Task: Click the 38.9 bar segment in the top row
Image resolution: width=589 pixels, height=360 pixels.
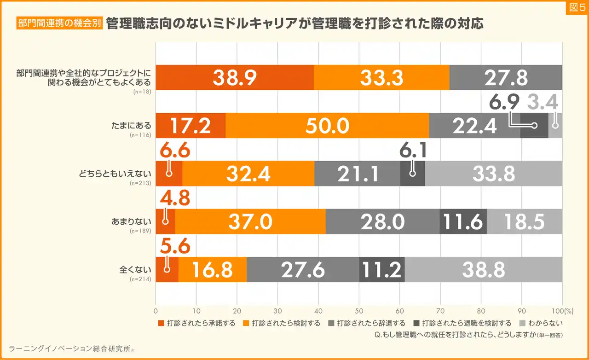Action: (235, 78)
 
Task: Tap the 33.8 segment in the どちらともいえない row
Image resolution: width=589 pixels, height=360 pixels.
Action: (493, 174)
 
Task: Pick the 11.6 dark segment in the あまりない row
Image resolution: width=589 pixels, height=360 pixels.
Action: (463, 221)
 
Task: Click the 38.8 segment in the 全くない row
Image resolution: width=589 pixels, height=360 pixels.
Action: (484, 269)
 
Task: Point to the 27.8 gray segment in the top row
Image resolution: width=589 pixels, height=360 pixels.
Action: (505, 78)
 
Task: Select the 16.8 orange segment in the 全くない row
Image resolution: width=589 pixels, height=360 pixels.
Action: (212, 269)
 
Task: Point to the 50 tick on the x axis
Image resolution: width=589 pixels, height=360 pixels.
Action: (359, 310)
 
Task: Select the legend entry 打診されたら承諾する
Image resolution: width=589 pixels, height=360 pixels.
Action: (196, 323)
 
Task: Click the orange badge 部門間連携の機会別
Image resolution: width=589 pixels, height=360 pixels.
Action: (59, 23)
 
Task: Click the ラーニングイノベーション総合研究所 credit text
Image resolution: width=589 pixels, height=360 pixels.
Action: (69, 349)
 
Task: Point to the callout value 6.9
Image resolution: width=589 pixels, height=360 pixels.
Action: (504, 102)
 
